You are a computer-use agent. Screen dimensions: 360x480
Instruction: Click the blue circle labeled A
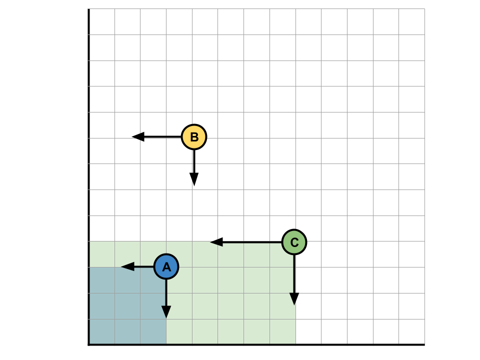click(x=166, y=266)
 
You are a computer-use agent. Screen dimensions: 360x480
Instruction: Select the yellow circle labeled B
click(x=194, y=137)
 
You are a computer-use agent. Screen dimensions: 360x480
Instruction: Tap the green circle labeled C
click(x=294, y=242)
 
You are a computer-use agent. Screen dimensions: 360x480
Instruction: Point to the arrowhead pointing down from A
click(x=166, y=312)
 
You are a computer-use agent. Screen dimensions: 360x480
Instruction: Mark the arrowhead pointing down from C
click(x=294, y=299)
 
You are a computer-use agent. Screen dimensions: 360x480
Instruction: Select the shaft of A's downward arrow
click(x=166, y=292)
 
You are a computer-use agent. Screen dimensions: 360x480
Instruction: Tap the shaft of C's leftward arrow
click(x=252, y=242)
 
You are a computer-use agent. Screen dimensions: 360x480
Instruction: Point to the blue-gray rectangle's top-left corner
click(x=89, y=267)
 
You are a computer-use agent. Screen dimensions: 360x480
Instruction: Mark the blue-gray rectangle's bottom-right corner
click(x=166, y=344)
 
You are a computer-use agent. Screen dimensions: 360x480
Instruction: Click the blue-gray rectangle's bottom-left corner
click(x=89, y=344)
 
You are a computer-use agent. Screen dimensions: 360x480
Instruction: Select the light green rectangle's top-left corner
click(x=89, y=241)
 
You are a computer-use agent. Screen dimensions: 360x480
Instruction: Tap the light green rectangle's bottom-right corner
click(x=295, y=344)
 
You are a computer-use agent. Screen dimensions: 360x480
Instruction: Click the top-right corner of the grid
click(x=424, y=8)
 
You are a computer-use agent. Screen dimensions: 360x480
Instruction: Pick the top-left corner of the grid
click(x=88, y=8)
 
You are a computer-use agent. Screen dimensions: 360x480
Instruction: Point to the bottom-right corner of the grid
click(x=424, y=344)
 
